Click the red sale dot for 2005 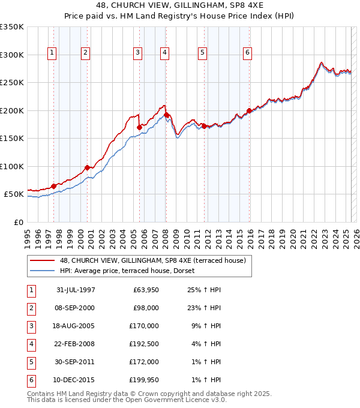click(x=139, y=127)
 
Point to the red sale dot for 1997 click(x=54, y=186)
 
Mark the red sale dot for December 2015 click(x=249, y=110)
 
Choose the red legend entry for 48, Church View click(x=138, y=260)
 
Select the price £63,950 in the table click(x=145, y=290)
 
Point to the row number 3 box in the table click(x=30, y=326)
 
